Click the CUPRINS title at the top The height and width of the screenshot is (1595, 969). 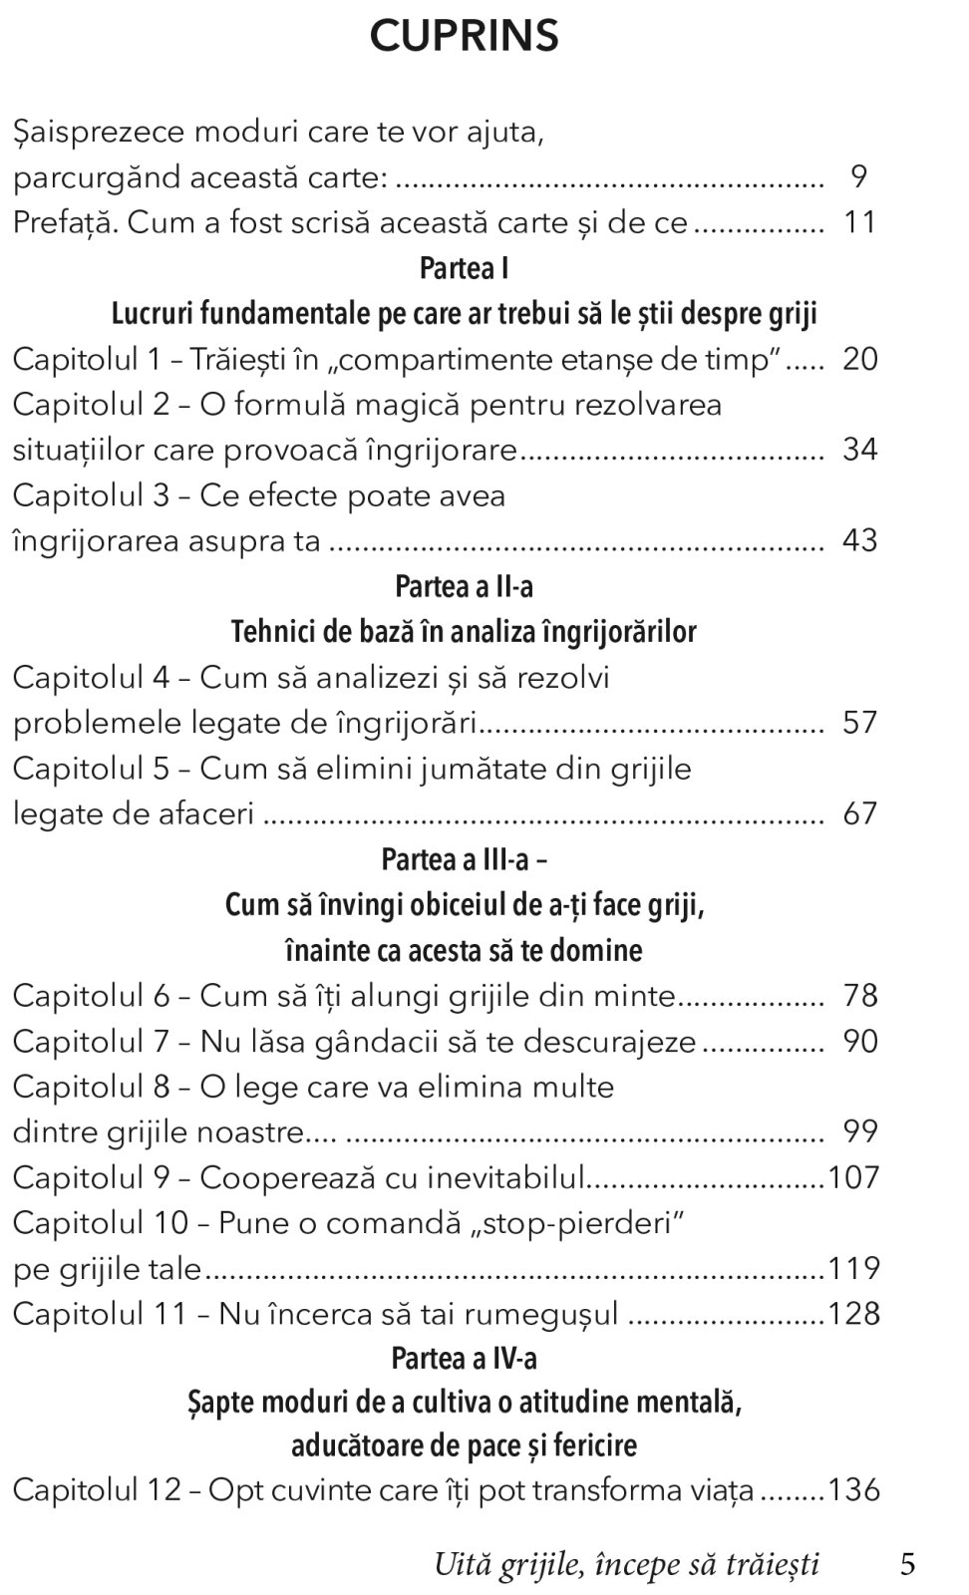click(x=464, y=37)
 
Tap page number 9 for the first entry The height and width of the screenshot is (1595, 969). click(x=859, y=176)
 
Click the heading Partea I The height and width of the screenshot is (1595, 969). click(x=464, y=268)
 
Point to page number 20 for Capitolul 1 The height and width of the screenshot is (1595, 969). click(x=859, y=359)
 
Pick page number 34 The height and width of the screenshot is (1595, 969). click(x=859, y=450)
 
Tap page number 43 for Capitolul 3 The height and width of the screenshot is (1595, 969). click(x=859, y=540)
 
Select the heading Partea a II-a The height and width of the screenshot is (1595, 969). click(x=464, y=586)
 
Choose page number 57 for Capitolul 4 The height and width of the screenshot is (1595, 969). click(x=859, y=723)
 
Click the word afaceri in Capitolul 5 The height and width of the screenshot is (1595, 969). click(x=206, y=813)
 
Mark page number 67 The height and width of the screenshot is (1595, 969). click(x=859, y=813)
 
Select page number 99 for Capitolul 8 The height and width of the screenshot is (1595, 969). click(x=859, y=1131)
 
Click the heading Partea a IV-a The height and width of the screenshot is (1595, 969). click(x=464, y=1358)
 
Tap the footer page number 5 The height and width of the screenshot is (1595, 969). click(x=907, y=1564)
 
